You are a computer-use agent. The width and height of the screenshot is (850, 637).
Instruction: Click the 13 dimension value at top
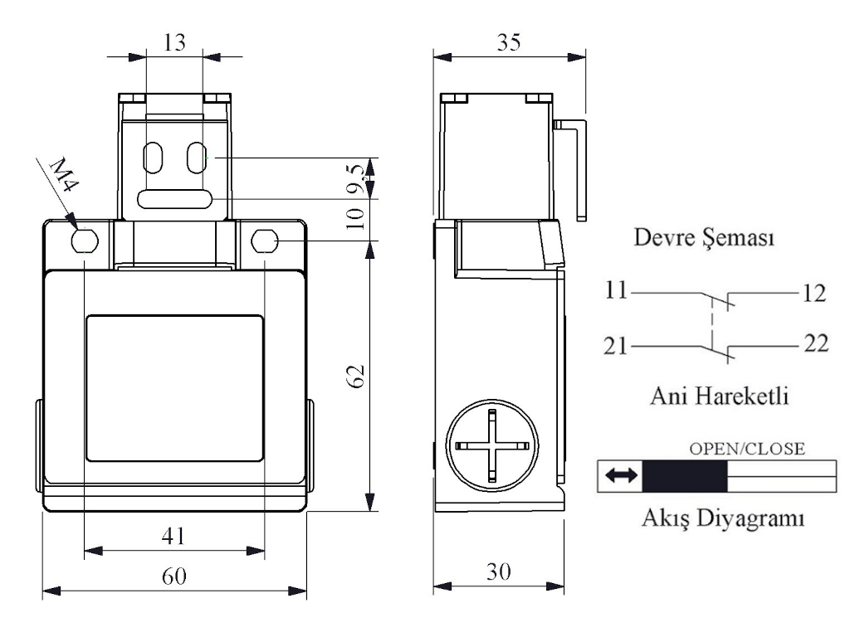(x=174, y=42)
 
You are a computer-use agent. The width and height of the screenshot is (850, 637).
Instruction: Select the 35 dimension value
(x=509, y=42)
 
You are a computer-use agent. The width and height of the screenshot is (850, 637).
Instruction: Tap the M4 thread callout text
(x=64, y=174)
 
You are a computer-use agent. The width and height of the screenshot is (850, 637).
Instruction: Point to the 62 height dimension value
(x=355, y=376)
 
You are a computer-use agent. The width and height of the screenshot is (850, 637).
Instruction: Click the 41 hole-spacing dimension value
(x=173, y=537)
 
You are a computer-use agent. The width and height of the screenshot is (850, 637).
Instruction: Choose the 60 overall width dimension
(x=174, y=576)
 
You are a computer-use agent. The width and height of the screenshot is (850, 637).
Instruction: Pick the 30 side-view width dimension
(x=498, y=572)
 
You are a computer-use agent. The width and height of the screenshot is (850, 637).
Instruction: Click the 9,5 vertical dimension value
(x=357, y=179)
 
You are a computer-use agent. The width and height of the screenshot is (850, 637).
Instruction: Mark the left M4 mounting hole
(x=85, y=240)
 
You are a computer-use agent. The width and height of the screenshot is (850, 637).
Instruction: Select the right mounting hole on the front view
(x=265, y=241)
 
